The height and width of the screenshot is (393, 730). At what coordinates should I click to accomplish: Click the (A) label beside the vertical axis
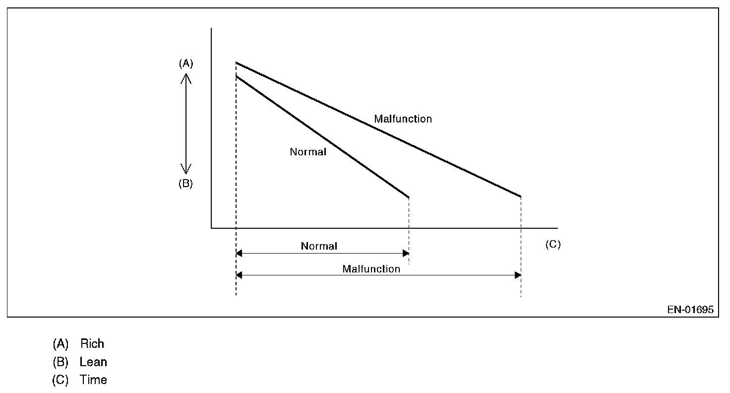tap(185, 63)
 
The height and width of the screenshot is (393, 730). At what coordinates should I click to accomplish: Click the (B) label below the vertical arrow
tap(185, 183)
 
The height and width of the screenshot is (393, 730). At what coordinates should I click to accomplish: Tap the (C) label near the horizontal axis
tap(552, 244)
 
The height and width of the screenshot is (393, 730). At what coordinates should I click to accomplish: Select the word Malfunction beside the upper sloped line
tap(403, 119)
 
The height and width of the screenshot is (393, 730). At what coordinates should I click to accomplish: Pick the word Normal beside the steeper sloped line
tap(308, 152)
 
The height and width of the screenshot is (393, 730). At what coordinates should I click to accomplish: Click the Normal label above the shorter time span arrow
tap(319, 246)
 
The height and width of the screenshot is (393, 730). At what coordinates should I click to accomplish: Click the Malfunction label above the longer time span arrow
tap(371, 269)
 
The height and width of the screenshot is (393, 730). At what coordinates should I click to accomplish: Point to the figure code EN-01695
tap(690, 310)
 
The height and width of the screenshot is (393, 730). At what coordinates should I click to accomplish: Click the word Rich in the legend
tap(92, 343)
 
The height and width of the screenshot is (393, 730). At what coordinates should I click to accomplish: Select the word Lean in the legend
tap(93, 362)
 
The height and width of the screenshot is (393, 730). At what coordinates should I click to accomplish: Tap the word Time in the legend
tap(93, 380)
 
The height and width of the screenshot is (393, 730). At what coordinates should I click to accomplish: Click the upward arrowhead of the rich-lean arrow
tap(185, 77)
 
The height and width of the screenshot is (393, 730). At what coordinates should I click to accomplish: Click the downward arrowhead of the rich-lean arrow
tap(185, 170)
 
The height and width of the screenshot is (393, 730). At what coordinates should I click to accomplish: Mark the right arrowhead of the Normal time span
tap(406, 253)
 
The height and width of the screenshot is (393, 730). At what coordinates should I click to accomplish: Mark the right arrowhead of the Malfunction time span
tap(518, 275)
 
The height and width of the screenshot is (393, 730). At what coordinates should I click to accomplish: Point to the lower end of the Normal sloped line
tap(408, 197)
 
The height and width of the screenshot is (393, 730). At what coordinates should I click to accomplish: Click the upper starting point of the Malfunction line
tap(237, 63)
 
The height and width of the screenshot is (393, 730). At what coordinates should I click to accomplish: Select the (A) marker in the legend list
tap(60, 343)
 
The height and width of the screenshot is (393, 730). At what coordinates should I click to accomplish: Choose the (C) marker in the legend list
tap(60, 380)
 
